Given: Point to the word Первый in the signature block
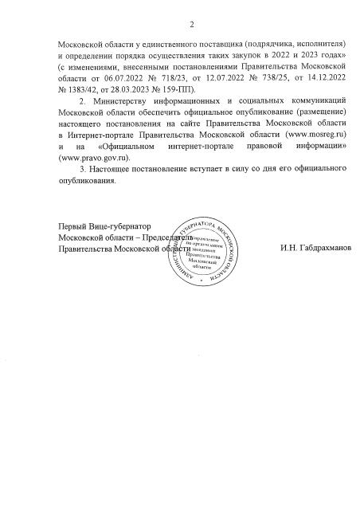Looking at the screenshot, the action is coord(76,227).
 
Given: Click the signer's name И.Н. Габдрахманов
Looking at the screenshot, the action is coord(315,249).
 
